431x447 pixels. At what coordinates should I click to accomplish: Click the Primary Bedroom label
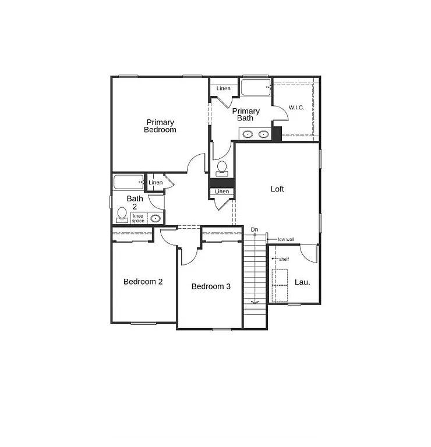click(x=160, y=126)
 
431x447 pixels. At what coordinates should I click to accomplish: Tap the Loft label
click(x=277, y=189)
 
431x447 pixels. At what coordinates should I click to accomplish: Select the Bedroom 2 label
click(x=143, y=282)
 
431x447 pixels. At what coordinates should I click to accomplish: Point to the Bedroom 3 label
click(x=211, y=286)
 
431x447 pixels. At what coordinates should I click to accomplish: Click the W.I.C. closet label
click(x=296, y=108)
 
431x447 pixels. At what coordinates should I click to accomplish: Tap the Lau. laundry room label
click(x=302, y=282)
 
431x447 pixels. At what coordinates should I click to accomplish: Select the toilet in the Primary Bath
click(x=221, y=168)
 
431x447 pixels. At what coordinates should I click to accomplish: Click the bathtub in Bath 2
click(x=128, y=182)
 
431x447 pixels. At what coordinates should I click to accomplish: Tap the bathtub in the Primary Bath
click(x=255, y=88)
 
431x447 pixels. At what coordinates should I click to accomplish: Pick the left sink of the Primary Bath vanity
click(x=248, y=134)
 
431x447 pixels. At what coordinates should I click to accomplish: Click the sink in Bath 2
click(x=156, y=219)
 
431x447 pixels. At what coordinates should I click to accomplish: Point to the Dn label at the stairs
click(x=255, y=230)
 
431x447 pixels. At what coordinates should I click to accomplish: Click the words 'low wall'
click(x=285, y=239)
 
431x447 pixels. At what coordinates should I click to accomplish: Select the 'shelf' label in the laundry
click(x=284, y=259)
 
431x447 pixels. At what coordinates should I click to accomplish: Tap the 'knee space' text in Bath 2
click(x=138, y=218)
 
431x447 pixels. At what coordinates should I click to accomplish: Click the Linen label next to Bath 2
click(x=156, y=183)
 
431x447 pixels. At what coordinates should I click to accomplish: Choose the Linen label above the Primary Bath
click(x=223, y=88)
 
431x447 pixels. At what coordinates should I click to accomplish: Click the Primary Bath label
click(x=246, y=115)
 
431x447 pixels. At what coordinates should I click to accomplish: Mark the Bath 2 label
click(x=135, y=202)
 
